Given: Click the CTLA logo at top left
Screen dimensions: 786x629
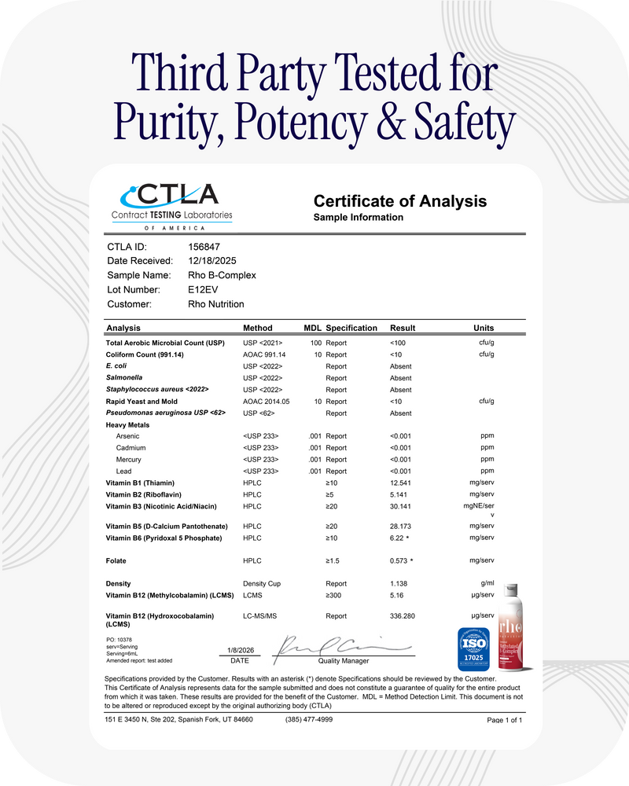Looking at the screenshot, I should click(x=171, y=202).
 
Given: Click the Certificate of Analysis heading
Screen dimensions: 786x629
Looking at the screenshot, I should click(x=399, y=201).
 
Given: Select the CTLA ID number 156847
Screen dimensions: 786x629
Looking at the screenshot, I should click(x=193, y=247).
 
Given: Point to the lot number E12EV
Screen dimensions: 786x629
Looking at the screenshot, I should click(x=193, y=289).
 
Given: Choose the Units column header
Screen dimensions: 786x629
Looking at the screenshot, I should click(x=484, y=328).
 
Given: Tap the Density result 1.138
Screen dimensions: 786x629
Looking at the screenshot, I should click(x=399, y=584).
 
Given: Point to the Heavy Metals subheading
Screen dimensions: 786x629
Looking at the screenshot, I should click(x=127, y=425).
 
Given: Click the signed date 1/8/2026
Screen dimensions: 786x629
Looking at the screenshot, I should click(x=240, y=651).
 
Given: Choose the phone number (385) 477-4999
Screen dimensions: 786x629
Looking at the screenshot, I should click(x=309, y=719).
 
